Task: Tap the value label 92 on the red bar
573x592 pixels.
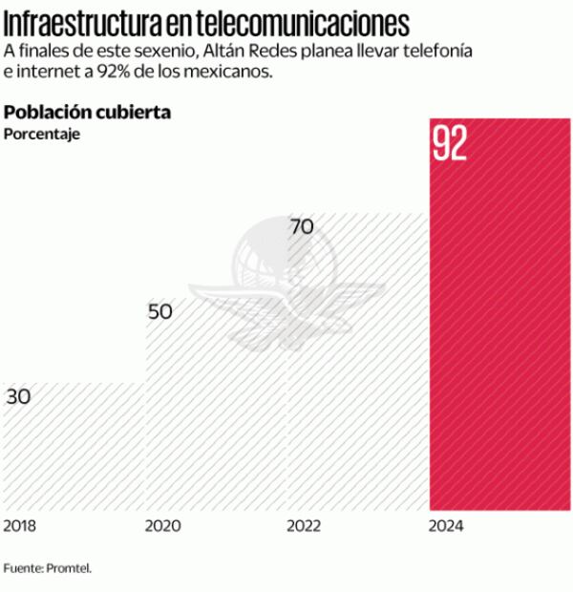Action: click(450, 142)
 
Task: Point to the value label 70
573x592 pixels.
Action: click(302, 227)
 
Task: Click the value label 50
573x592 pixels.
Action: click(160, 311)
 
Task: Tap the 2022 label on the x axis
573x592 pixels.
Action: click(304, 526)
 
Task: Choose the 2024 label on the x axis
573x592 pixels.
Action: click(447, 526)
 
